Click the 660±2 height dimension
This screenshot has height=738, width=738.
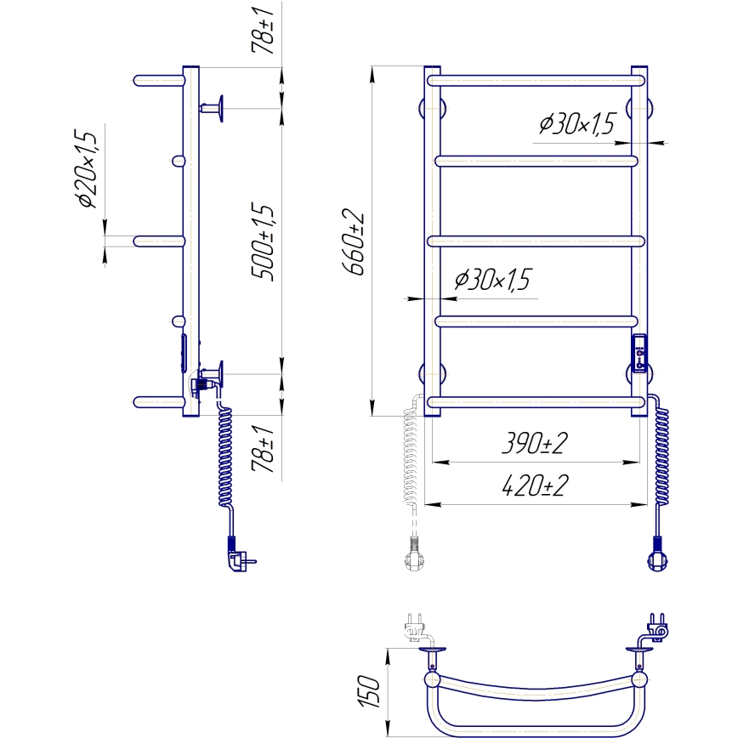tap(355, 241)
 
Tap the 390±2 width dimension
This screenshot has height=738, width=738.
tap(535, 445)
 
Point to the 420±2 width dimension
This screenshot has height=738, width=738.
tap(535, 487)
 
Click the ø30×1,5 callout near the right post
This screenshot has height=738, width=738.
tap(576, 125)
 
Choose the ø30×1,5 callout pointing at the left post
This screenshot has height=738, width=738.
tap(493, 280)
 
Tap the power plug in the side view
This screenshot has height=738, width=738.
tap(238, 559)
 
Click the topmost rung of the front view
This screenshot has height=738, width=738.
tap(536, 81)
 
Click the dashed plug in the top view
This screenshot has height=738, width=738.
tap(415, 628)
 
